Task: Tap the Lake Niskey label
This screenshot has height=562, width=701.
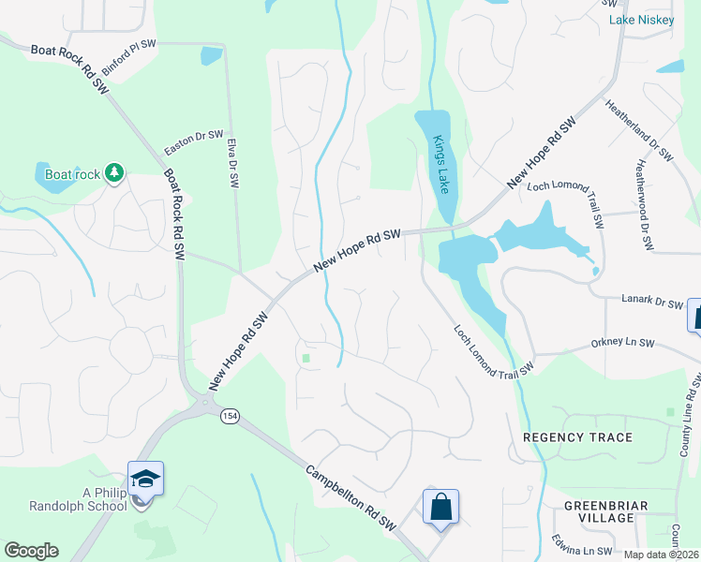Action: click(x=642, y=20)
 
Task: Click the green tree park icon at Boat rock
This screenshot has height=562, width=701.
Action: click(x=114, y=172)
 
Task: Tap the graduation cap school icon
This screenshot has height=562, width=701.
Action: click(x=146, y=479)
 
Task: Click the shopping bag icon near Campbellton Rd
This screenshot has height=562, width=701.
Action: click(x=440, y=508)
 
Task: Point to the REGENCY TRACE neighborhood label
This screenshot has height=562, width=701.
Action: click(x=577, y=437)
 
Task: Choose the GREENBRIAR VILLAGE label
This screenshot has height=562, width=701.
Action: click(x=599, y=511)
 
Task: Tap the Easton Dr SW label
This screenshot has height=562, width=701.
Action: click(x=194, y=142)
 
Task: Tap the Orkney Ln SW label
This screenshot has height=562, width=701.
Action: click(x=622, y=344)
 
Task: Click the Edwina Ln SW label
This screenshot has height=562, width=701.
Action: click(x=581, y=551)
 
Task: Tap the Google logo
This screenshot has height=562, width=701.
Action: click(x=31, y=551)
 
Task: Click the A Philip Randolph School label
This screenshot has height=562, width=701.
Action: click(x=90, y=500)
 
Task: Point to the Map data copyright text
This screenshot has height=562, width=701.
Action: click(x=662, y=555)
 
